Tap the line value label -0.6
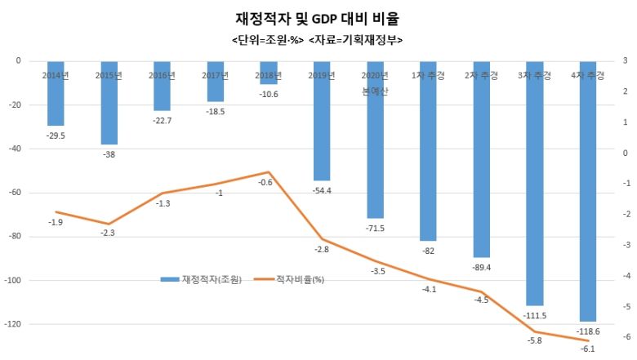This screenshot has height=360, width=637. [265, 183]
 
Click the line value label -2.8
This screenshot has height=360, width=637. [321, 249]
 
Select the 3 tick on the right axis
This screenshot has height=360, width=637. [626, 60]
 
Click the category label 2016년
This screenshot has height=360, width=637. [162, 76]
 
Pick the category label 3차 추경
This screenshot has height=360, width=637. [534, 76]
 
